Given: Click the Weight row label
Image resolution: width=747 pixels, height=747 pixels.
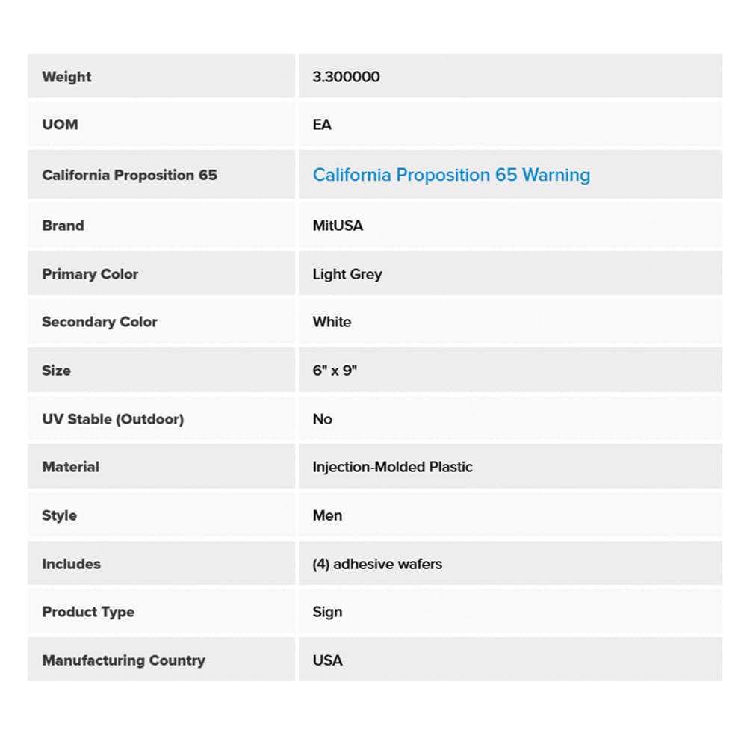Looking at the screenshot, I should pos(66,77).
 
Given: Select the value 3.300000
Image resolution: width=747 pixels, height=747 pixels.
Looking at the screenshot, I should pos(346,77).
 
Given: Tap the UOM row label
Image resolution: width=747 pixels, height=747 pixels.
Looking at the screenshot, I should pos(60,125).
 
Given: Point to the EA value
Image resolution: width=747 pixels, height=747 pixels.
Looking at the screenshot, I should pos(322,125).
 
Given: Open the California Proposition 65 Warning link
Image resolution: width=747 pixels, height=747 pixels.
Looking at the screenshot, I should pos(451,175).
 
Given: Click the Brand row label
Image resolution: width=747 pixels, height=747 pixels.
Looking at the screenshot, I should pos(63,226).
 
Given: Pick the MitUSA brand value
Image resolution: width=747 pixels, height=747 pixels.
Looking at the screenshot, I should pos(338,226).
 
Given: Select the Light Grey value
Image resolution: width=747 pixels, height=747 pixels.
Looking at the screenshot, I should pos(347,274).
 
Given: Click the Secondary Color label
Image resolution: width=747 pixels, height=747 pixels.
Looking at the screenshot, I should pos(99,322).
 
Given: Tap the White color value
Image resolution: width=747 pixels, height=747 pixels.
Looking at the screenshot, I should pos(332,322).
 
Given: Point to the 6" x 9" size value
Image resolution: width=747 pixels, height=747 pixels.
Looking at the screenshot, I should pos(335,371).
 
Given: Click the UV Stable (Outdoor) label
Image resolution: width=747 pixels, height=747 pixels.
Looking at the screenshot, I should pos(113,419).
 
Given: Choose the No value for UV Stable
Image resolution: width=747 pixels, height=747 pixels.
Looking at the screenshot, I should pos(322,419).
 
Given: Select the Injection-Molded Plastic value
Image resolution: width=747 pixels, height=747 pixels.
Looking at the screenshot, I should pos(392,467).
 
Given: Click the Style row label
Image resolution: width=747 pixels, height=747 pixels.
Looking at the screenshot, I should pos(59,515).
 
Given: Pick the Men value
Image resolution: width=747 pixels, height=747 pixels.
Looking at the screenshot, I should pos(327,515).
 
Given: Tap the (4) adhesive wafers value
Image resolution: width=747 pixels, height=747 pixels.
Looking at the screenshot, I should pos(377,564).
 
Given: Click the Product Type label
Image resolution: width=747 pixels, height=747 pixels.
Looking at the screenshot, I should pos(88,612).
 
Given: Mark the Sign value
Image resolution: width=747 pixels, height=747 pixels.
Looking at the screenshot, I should pos(327,612).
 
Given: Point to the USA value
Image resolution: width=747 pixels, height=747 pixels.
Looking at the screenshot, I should pos(327,660).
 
